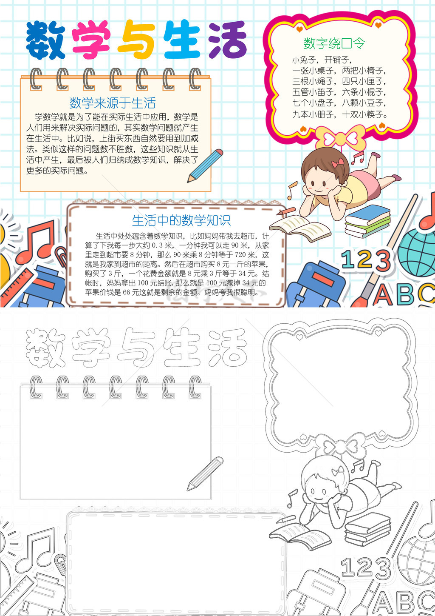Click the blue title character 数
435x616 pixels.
(45, 40)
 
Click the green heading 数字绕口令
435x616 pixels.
(334, 43)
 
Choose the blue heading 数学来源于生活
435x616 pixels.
(112, 103)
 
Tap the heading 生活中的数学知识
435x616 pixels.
(181, 220)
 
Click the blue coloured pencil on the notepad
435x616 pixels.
(205, 165)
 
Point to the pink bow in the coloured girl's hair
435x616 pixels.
(338, 163)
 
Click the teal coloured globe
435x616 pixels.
(416, 253)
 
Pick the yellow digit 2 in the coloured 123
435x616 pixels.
(366, 259)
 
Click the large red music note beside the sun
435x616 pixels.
(35, 242)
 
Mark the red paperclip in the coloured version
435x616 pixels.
(62, 256)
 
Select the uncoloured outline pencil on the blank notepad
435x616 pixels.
(205, 473)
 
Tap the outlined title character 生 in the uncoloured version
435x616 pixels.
(181, 347)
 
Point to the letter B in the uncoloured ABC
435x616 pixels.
(406, 602)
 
